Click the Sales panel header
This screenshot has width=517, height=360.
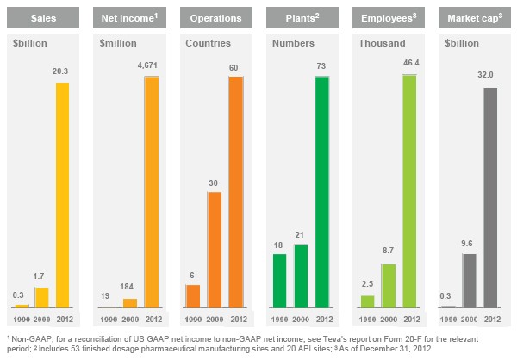[x=43, y=16]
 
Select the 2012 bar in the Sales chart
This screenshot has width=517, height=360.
[x=62, y=195]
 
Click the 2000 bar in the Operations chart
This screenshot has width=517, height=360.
[x=215, y=249]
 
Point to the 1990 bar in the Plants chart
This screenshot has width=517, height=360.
[x=279, y=280]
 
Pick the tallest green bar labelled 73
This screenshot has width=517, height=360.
[x=322, y=191]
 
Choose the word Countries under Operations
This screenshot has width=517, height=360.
[x=208, y=41]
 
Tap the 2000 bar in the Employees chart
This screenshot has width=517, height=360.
[x=388, y=285]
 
